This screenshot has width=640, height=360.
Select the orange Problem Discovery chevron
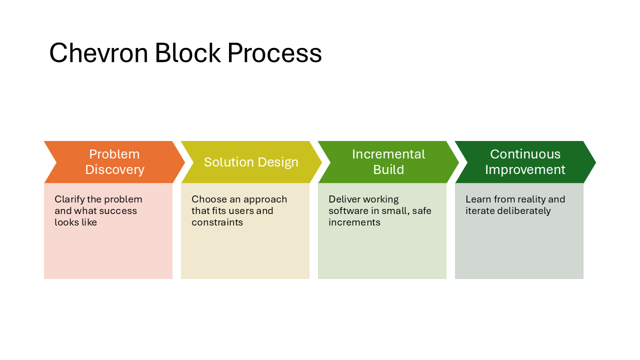(x=114, y=162)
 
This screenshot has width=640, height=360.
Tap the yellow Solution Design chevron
(x=251, y=162)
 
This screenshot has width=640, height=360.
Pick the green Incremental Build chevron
(x=388, y=162)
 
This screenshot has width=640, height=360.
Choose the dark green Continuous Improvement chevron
(x=525, y=162)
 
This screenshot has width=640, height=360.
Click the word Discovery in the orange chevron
(x=114, y=170)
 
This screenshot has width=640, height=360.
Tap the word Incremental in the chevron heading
(x=388, y=154)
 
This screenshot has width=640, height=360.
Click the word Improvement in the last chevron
(x=525, y=170)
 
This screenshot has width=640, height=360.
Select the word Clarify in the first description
(x=69, y=199)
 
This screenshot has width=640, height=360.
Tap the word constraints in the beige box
(x=217, y=222)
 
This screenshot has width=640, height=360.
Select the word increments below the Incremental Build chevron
(x=354, y=222)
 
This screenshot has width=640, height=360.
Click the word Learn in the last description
(x=477, y=199)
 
